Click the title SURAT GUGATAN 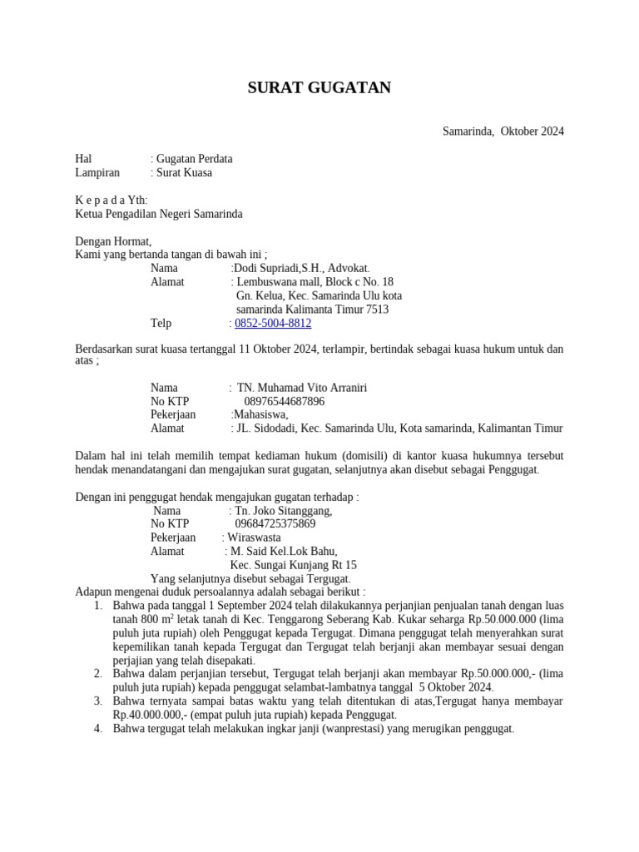(x=319, y=88)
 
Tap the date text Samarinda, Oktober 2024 (x=503, y=131)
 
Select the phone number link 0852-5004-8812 (x=273, y=323)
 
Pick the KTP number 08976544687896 (x=285, y=401)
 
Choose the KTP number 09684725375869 (x=275, y=524)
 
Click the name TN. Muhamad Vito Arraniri (x=302, y=388)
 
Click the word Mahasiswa (x=260, y=414)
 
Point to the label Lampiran (x=97, y=172)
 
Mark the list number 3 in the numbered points (x=98, y=701)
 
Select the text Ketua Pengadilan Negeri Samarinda (x=159, y=214)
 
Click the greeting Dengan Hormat (x=113, y=241)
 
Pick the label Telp (x=161, y=323)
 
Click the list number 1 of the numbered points (x=98, y=606)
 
